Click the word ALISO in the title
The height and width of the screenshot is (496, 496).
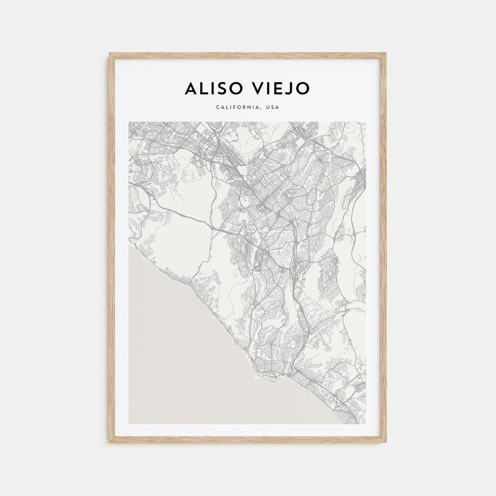212,88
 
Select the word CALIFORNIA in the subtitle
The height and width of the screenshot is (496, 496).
237,107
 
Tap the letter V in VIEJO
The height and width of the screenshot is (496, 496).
258,88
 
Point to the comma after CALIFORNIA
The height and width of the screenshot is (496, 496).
261,109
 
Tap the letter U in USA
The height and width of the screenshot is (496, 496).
267,107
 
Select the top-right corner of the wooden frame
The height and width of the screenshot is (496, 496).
385,54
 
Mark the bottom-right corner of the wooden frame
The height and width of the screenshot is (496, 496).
385,442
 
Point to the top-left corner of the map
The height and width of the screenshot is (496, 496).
129,122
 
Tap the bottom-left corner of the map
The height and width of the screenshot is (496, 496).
129,423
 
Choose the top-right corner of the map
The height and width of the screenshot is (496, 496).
366,122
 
